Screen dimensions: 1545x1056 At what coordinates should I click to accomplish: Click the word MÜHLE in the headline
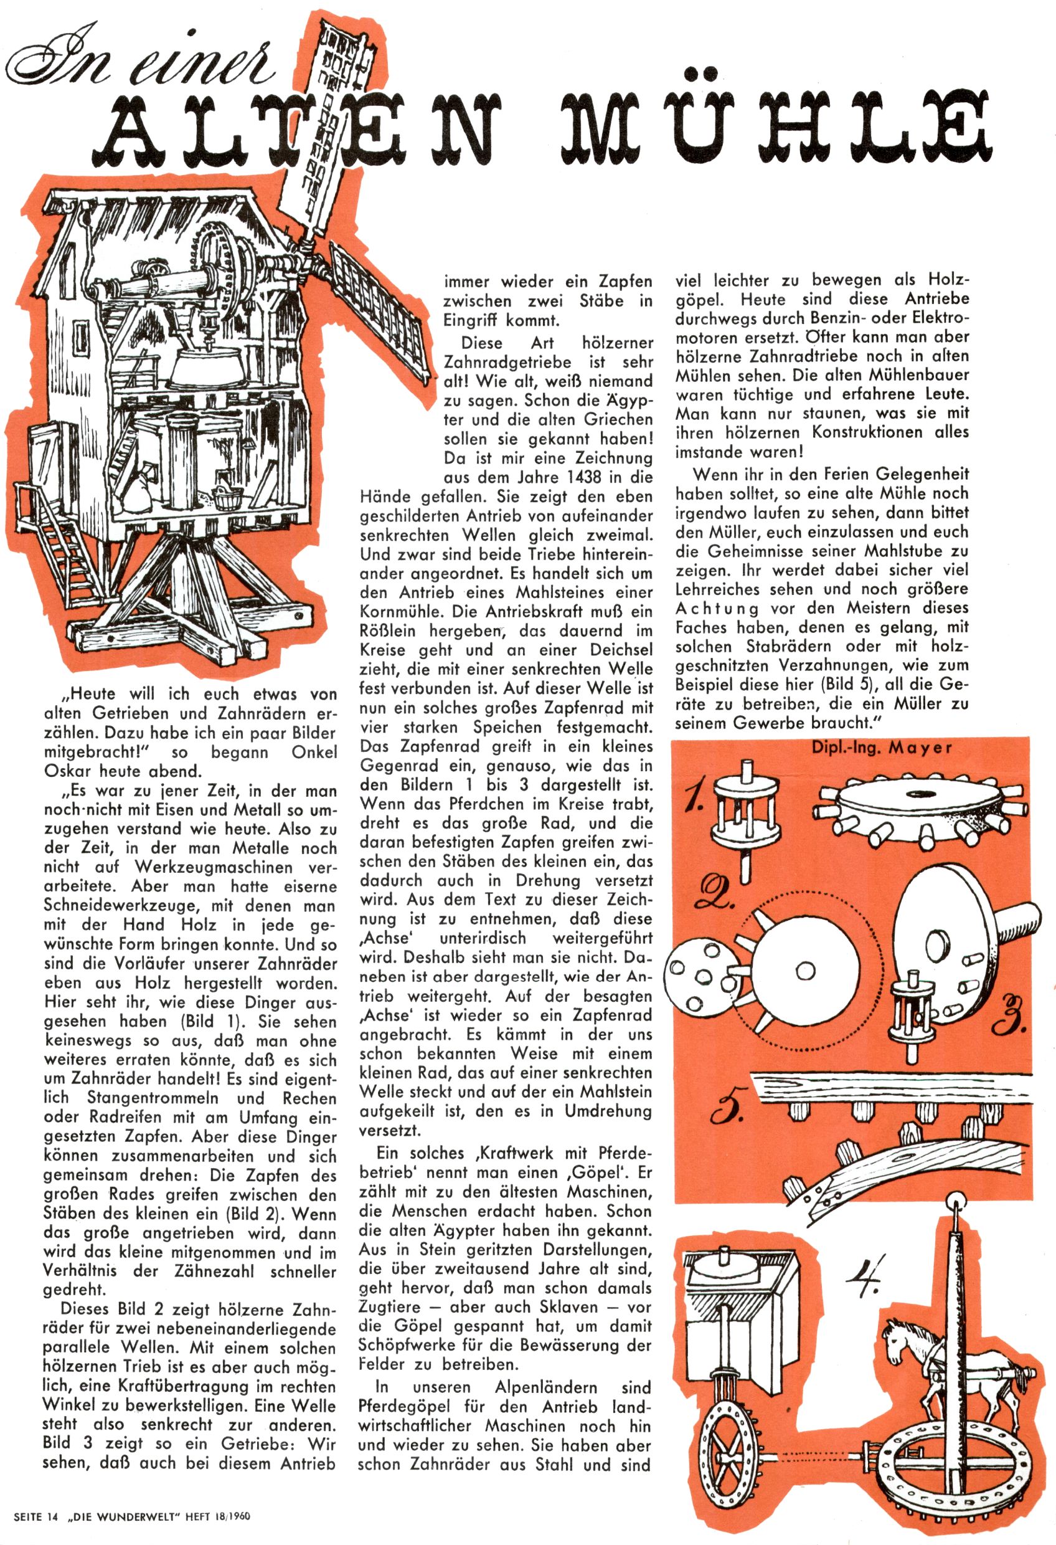[x=774, y=125]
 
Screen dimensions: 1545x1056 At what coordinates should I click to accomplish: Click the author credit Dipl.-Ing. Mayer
[x=881, y=747]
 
